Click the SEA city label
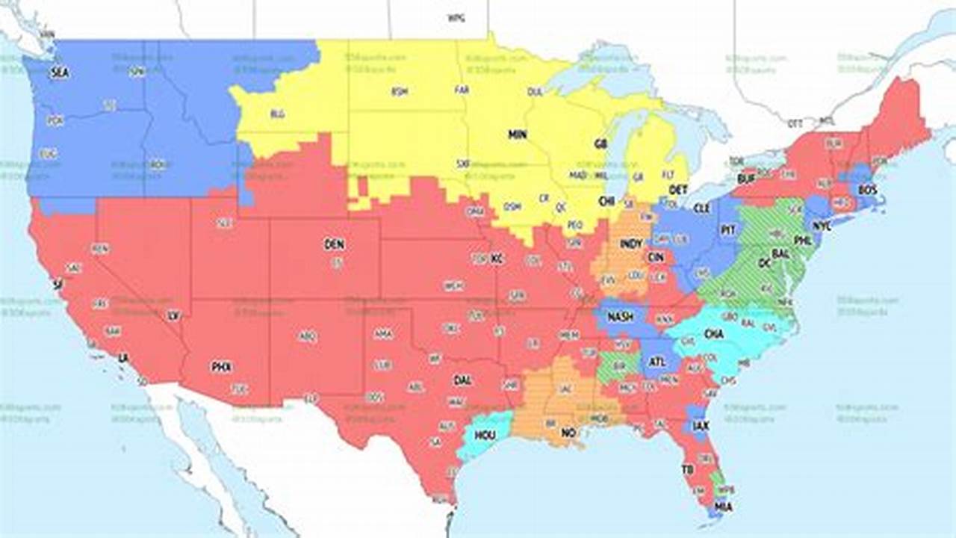pos(59,72)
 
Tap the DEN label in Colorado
pos(334,244)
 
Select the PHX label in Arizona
pos(221,367)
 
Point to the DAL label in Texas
pos(462,380)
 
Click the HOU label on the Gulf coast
pos(485,435)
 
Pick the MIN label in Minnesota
pos(518,135)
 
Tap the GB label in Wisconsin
pos(600,143)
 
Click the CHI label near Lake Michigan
pos(606,201)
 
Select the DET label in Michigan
pos(677,190)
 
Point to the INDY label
pos(631,244)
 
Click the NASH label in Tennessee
pos(621,317)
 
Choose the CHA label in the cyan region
pos(714,334)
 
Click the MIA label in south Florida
pos(723,507)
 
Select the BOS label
pos(867,191)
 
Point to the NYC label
pos(822,225)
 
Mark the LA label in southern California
pos(123,359)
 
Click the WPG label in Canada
pos(456,17)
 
